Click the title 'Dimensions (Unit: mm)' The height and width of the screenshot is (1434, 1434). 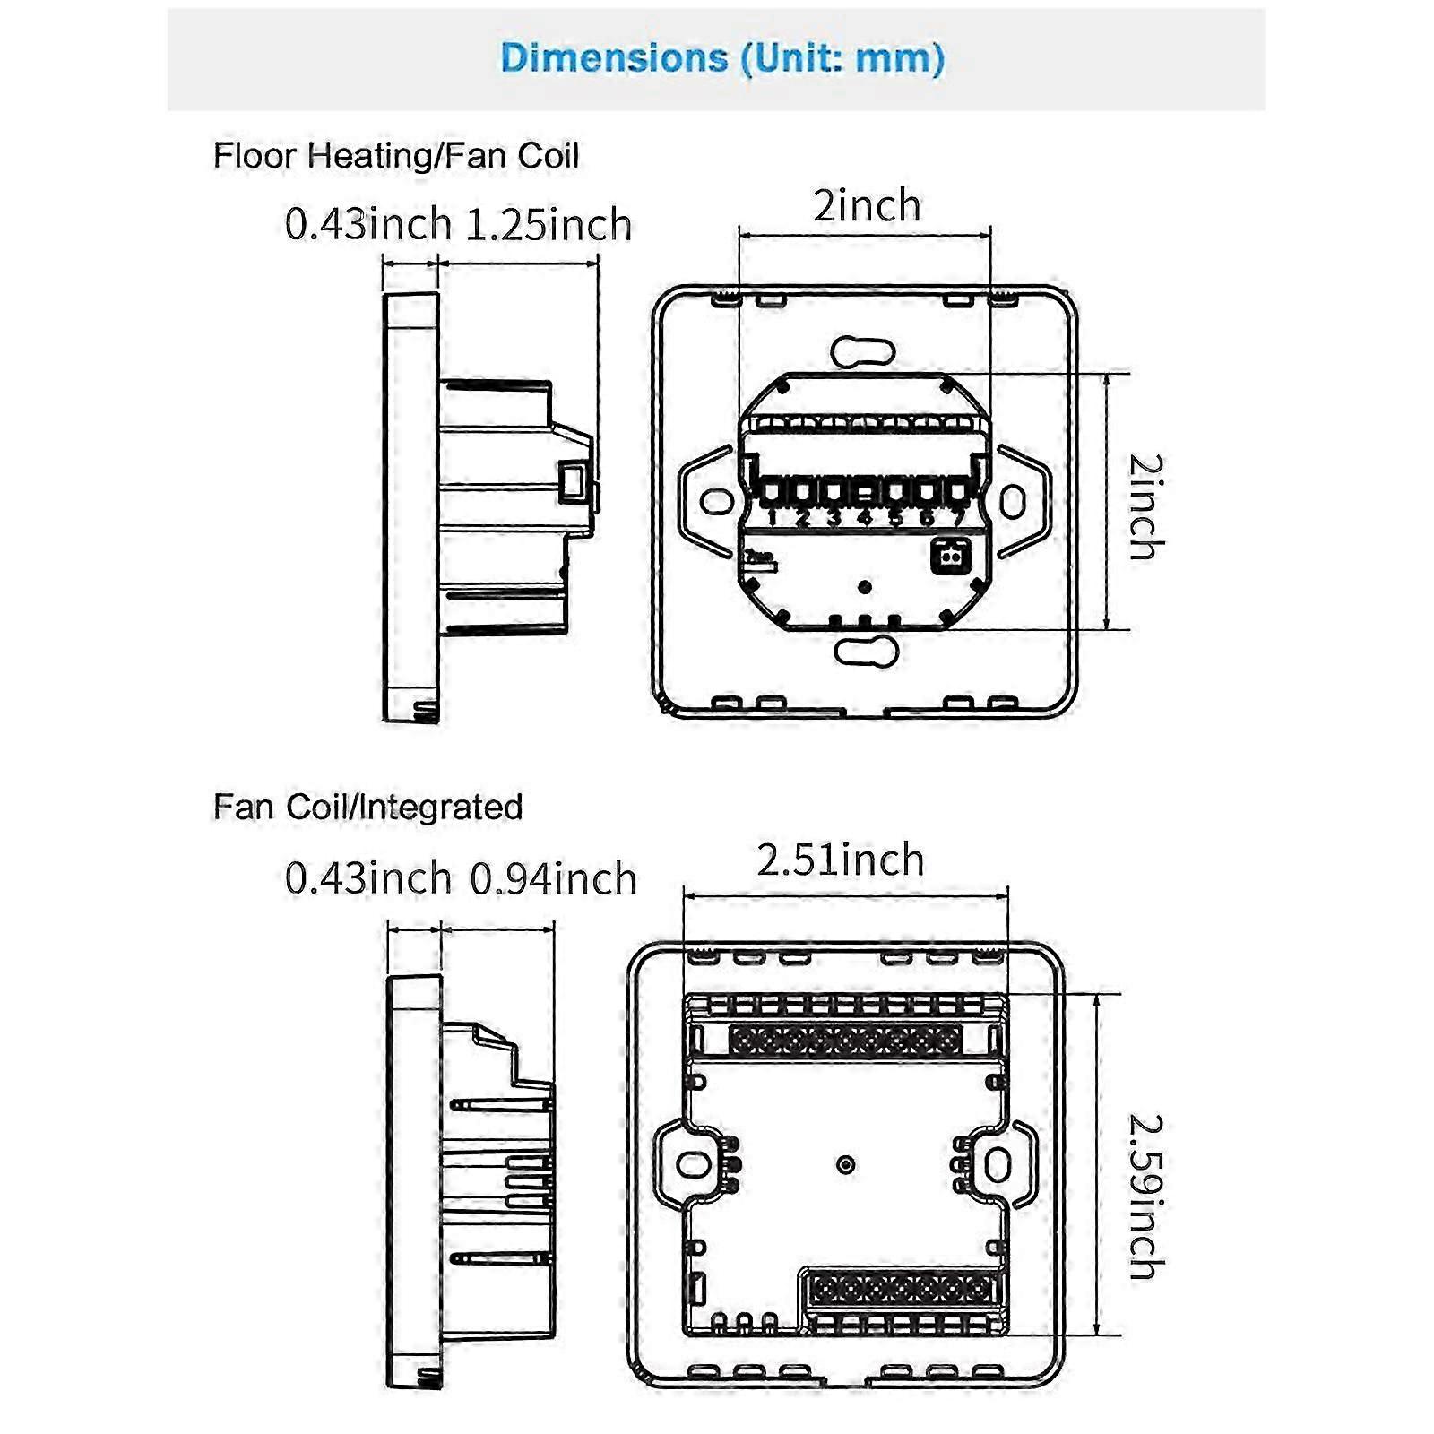[x=722, y=58]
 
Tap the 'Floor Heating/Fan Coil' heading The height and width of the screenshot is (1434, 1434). [x=395, y=156]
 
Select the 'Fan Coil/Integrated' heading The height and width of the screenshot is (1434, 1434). [x=367, y=807]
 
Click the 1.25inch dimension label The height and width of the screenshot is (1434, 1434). [x=549, y=224]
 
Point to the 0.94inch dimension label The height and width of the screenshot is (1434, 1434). [x=553, y=878]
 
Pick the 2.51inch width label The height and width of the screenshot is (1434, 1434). [x=840, y=860]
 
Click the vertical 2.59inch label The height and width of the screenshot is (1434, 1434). [x=1145, y=1196]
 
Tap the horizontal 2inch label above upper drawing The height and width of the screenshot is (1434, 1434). [x=867, y=206]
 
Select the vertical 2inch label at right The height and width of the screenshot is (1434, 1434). [x=1145, y=506]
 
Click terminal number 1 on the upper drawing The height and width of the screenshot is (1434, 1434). [x=772, y=517]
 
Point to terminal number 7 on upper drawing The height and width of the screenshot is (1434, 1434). [x=958, y=517]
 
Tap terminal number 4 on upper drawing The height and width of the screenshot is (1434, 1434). [x=864, y=517]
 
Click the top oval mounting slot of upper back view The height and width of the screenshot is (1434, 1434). [x=863, y=352]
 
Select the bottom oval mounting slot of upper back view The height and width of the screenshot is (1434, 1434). [x=866, y=651]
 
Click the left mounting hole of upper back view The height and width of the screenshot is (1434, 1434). [x=716, y=501]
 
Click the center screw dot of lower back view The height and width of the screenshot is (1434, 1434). [x=845, y=1164]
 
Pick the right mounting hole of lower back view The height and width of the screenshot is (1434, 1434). [x=998, y=1164]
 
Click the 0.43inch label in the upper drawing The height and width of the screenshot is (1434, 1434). [x=367, y=224]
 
